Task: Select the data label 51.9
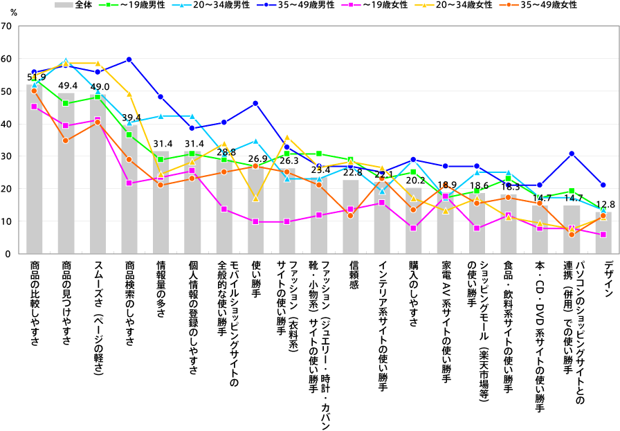pyautogui.click(x=37, y=77)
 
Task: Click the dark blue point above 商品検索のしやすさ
pyautogui.click(x=129, y=59)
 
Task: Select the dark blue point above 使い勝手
pyautogui.click(x=256, y=103)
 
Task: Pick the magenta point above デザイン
pyautogui.click(x=603, y=235)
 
